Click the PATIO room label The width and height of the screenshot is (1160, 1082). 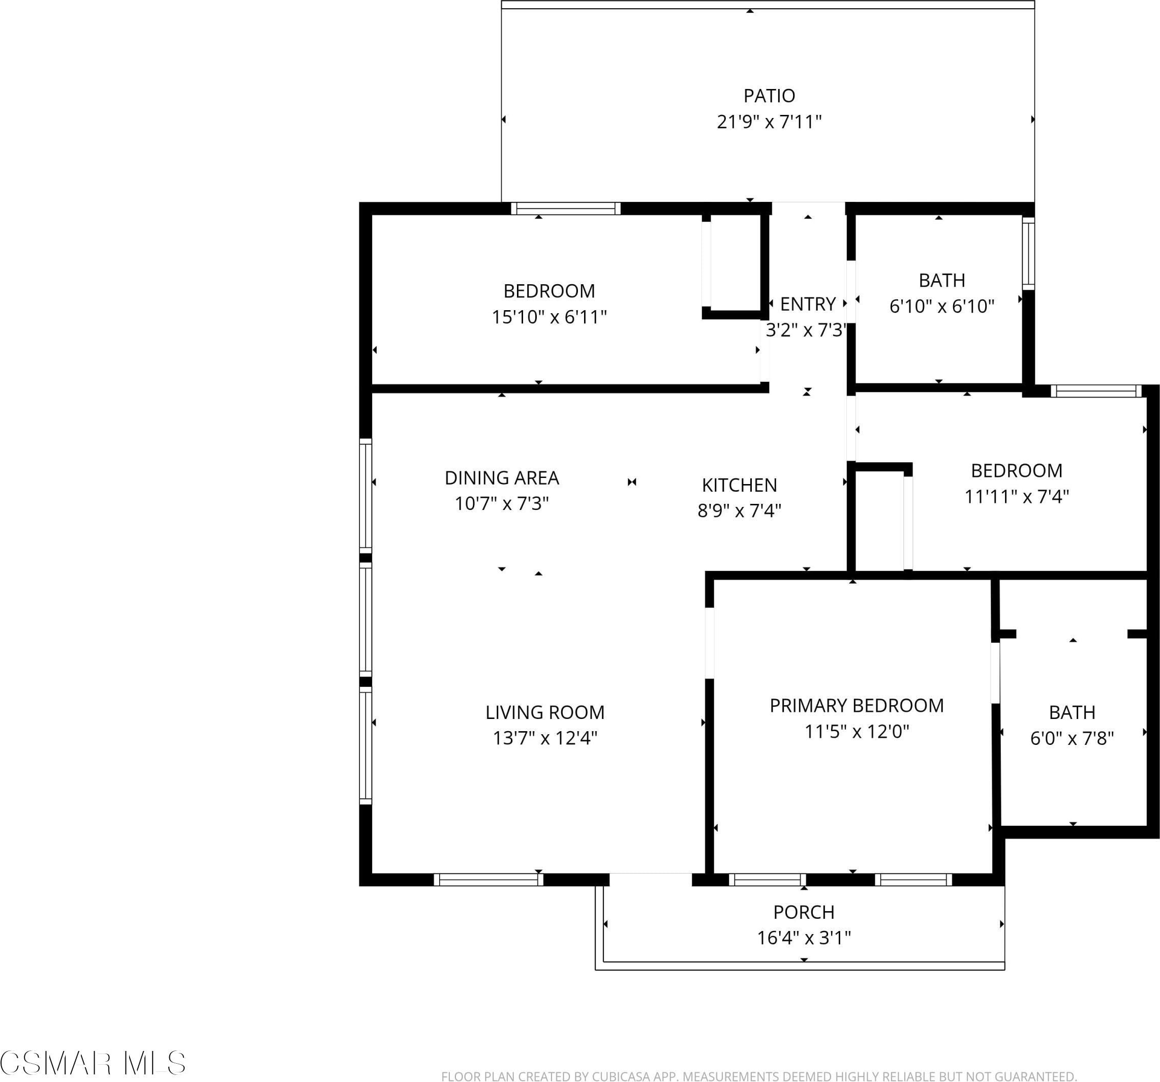(769, 95)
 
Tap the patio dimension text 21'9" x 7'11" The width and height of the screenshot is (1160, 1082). (769, 122)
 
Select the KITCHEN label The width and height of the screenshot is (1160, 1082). (739, 485)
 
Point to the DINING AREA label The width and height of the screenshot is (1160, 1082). (502, 478)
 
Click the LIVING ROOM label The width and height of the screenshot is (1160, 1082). (545, 712)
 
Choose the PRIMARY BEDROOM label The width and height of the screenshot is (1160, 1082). (857, 705)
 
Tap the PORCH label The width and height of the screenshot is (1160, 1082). (804, 912)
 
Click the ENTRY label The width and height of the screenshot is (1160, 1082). (808, 304)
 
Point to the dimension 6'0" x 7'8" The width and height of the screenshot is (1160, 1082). (1072, 738)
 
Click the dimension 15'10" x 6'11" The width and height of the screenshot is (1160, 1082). (549, 317)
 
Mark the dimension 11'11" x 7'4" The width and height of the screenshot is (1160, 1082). (1017, 496)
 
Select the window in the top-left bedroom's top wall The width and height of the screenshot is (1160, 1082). (565, 208)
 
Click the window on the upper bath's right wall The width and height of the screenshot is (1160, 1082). (1028, 253)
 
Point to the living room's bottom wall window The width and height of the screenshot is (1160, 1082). (489, 879)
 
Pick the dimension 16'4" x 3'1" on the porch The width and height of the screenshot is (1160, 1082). (804, 938)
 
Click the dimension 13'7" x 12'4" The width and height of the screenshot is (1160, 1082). (545, 738)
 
